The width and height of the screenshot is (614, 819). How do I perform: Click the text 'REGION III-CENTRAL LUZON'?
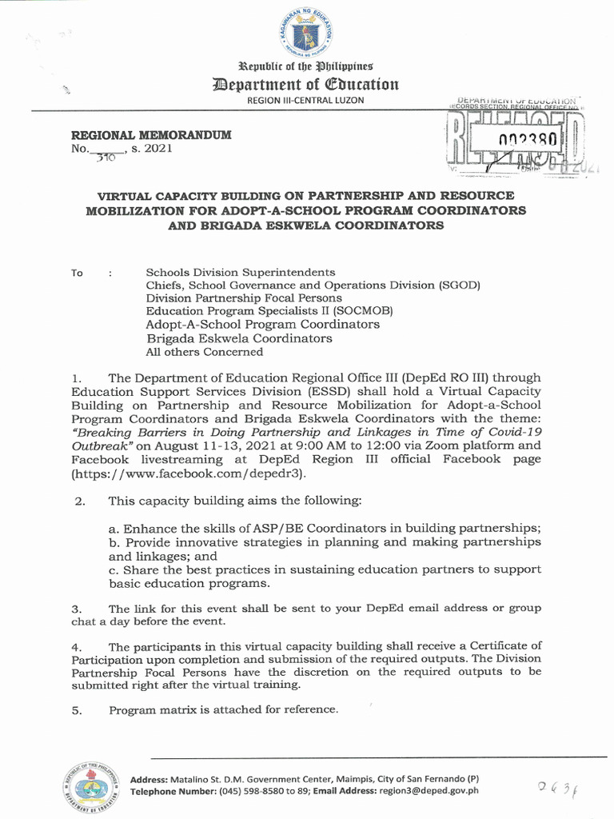click(x=306, y=100)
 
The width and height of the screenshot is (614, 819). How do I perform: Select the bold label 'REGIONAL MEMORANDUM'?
click(x=151, y=135)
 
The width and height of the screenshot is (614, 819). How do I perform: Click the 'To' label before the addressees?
click(x=77, y=274)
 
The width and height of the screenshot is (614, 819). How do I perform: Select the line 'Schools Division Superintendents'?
click(x=240, y=272)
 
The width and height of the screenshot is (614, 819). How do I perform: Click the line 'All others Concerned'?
click(x=204, y=351)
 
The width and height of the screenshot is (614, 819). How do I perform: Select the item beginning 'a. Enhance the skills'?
click(x=325, y=529)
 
